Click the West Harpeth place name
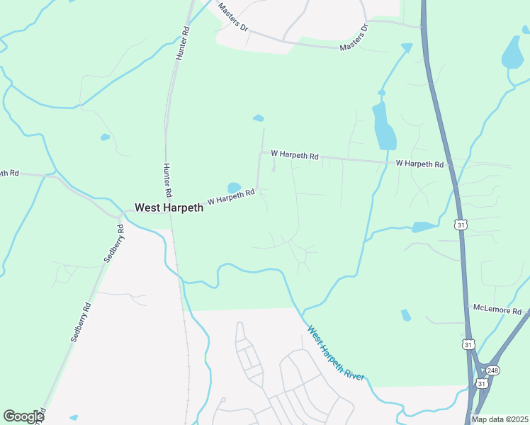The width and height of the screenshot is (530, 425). pyautogui.click(x=169, y=208)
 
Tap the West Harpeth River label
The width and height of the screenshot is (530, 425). pyautogui.click(x=336, y=353)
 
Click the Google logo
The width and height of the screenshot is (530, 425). pyautogui.click(x=23, y=416)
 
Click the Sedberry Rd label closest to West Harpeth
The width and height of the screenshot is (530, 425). pyautogui.click(x=113, y=244)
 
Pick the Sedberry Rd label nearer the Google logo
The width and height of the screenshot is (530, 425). pyautogui.click(x=81, y=323)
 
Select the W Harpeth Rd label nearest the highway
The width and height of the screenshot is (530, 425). pyautogui.click(x=419, y=164)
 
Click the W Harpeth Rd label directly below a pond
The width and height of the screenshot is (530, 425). pyautogui.click(x=230, y=198)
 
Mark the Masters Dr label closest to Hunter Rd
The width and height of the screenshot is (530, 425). pyautogui.click(x=233, y=18)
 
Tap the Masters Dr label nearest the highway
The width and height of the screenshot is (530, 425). pyautogui.click(x=354, y=38)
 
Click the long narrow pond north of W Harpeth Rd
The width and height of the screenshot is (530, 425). pyautogui.click(x=383, y=125)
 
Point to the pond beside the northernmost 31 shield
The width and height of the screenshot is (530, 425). pyautogui.click(x=424, y=227)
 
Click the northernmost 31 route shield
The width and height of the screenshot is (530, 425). pyautogui.click(x=461, y=225)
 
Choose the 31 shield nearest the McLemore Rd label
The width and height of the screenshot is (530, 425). pyautogui.click(x=467, y=344)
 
